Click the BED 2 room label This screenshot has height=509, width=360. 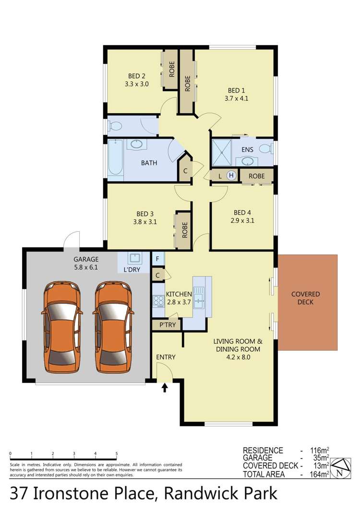point(137,76)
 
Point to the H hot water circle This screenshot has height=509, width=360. point(231,176)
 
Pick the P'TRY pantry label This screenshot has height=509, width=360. point(167,325)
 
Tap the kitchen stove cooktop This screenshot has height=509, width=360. point(158,301)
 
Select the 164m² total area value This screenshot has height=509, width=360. point(319,474)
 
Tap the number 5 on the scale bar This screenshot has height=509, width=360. point(117,453)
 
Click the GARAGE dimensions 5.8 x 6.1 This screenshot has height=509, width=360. point(86,267)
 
